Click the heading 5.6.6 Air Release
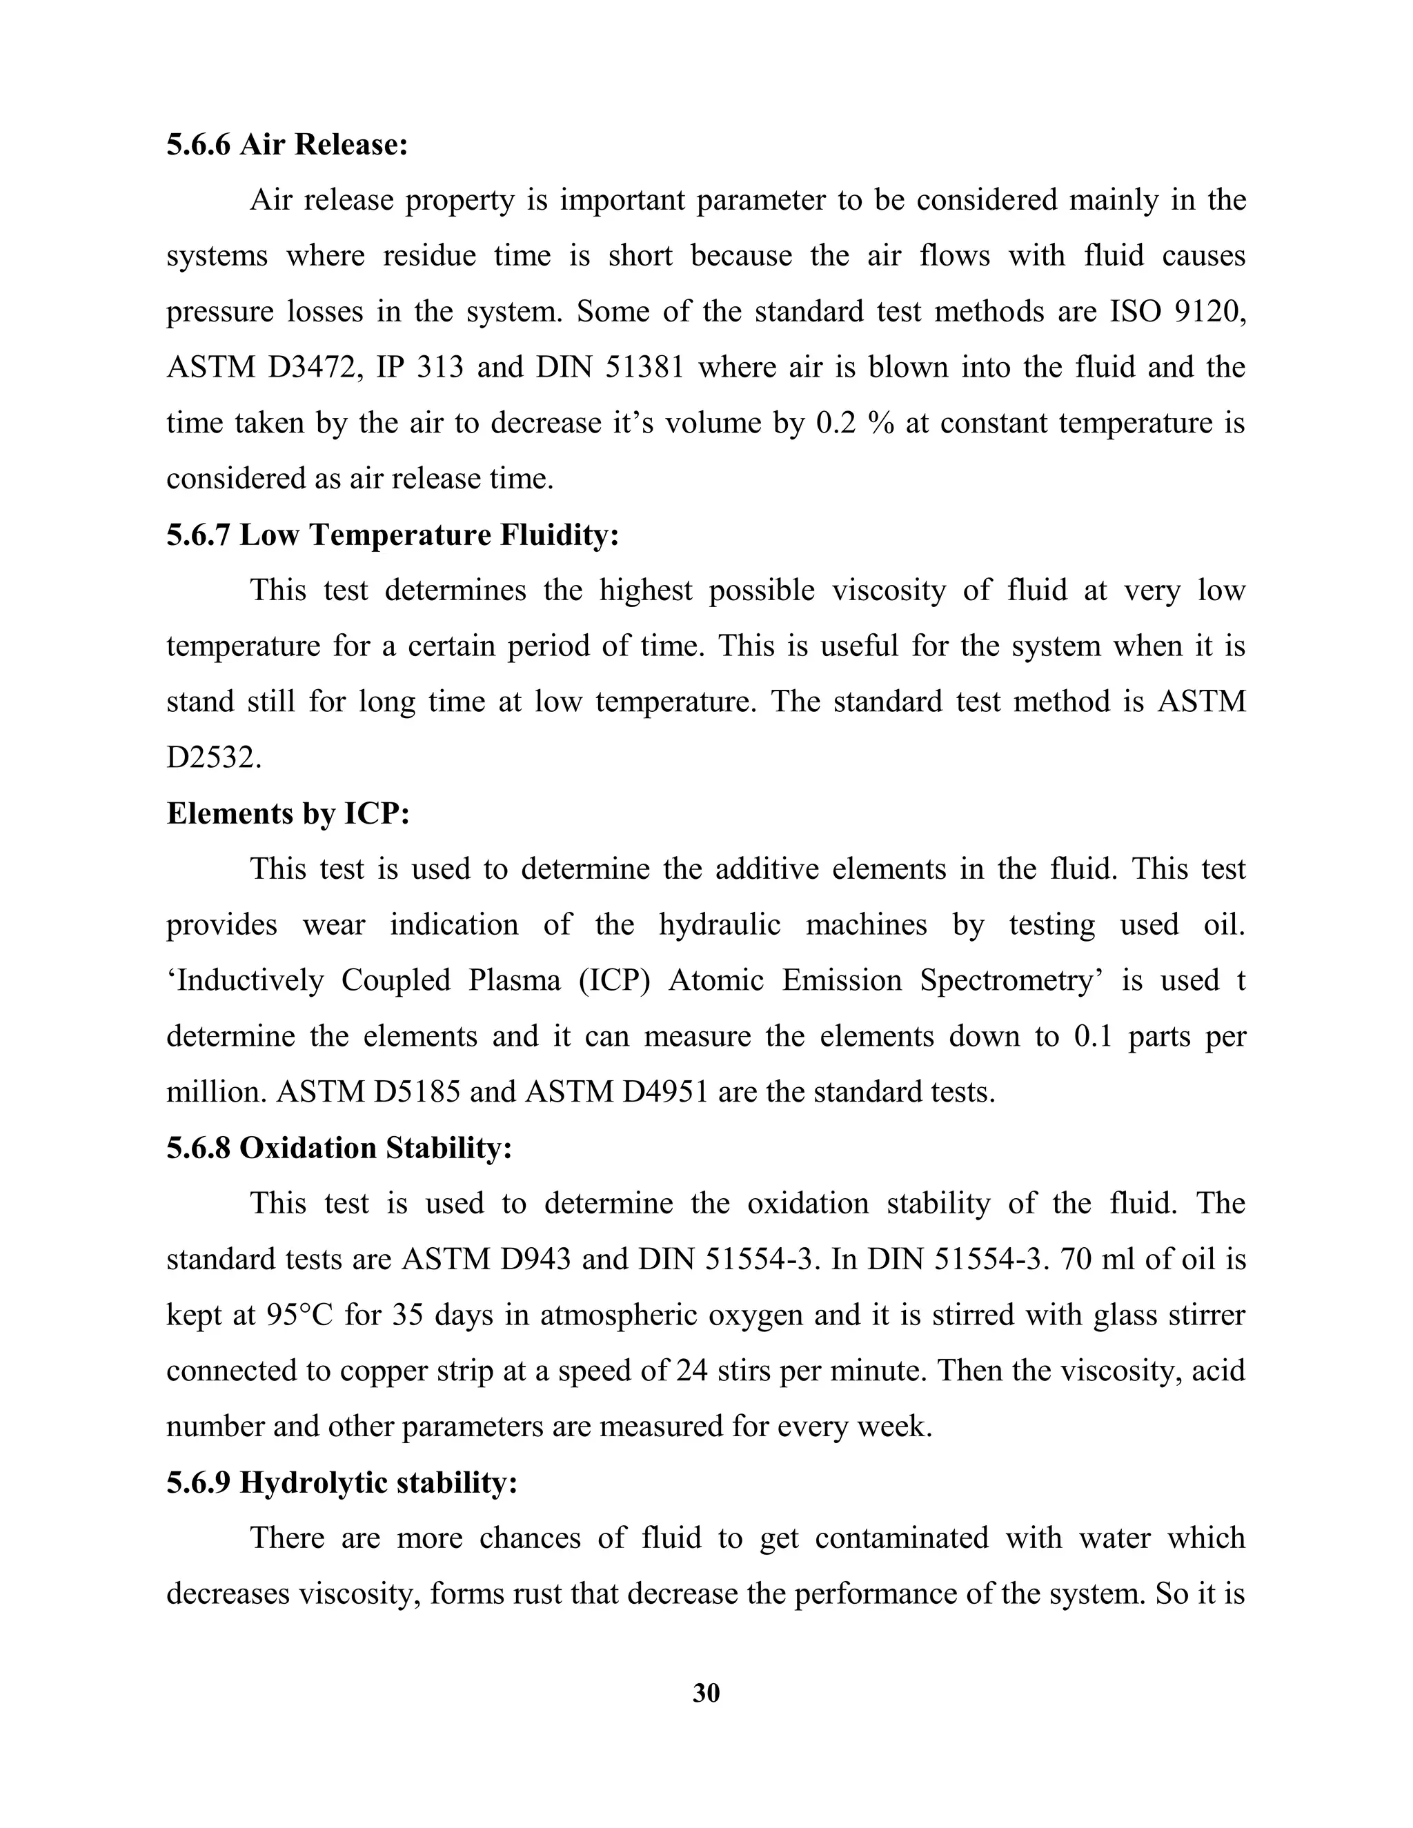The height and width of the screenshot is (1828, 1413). [287, 145]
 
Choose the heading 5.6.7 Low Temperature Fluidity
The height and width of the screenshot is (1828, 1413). [393, 535]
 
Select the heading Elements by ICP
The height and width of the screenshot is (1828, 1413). [288, 813]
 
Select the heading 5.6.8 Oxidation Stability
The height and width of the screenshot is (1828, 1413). [339, 1149]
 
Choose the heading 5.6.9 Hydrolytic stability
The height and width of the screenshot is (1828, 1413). [342, 1483]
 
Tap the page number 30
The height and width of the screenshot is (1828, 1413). [706, 1692]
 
